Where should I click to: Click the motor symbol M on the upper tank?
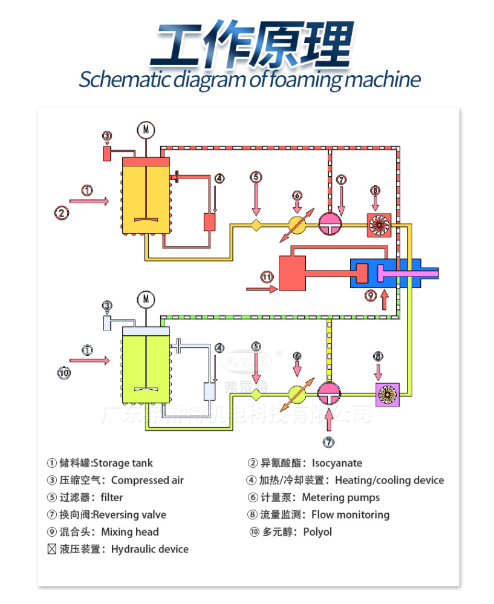pyautogui.click(x=145, y=129)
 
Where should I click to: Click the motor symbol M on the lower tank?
pyautogui.click(x=145, y=298)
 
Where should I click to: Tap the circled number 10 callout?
pyautogui.click(x=64, y=373)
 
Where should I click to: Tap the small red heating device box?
pyautogui.click(x=210, y=222)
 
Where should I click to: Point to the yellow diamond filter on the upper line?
pyautogui.click(x=256, y=225)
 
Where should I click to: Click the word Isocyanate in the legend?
pyautogui.click(x=337, y=463)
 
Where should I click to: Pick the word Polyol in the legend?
pyautogui.click(x=317, y=532)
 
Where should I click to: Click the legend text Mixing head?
pyautogui.click(x=130, y=532)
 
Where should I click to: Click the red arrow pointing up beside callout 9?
pyautogui.click(x=385, y=298)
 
